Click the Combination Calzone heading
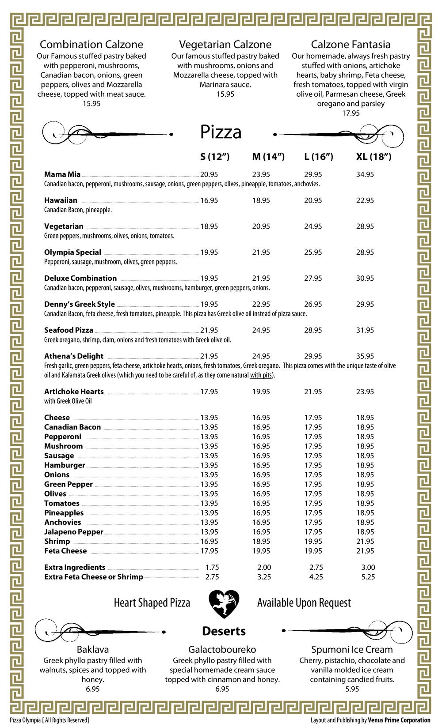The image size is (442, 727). (x=91, y=45)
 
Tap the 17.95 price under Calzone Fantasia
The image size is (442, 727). (x=351, y=113)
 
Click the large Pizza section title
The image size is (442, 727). (x=221, y=132)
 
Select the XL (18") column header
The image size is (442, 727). (x=373, y=157)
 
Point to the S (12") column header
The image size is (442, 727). (x=215, y=157)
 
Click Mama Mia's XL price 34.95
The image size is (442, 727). (x=365, y=175)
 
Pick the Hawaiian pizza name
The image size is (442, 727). (x=61, y=200)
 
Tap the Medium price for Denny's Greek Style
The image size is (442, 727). (x=261, y=305)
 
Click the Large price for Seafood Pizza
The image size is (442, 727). (x=313, y=331)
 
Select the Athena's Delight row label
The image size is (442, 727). (x=73, y=356)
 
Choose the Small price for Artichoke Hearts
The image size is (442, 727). (x=209, y=392)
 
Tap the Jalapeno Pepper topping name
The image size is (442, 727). (x=73, y=532)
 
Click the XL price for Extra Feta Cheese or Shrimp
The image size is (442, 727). (x=368, y=577)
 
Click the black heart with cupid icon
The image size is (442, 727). (x=224, y=603)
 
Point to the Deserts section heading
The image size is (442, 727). (x=224, y=631)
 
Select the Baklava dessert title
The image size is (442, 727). (x=92, y=650)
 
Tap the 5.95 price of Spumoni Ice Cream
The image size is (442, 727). (x=352, y=689)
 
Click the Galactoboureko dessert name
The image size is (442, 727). (x=222, y=650)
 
